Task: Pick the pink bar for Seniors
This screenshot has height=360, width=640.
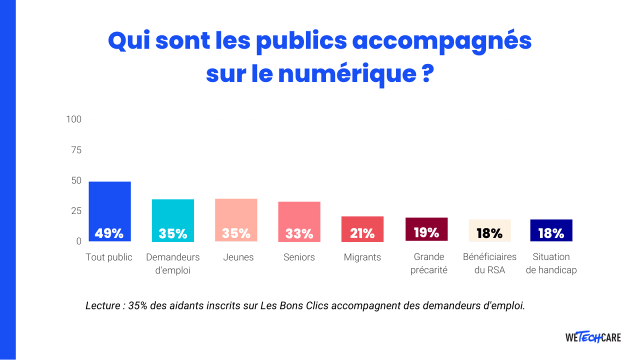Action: pyautogui.click(x=299, y=215)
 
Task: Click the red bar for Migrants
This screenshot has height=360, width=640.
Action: pyautogui.click(x=362, y=222)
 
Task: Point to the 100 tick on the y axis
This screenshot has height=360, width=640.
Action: pyautogui.click(x=73, y=119)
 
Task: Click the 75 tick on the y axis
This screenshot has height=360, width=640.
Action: pyautogui.click(x=75, y=150)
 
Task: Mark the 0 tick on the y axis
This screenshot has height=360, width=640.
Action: pyautogui.click(x=78, y=241)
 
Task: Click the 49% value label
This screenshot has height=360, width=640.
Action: pyautogui.click(x=109, y=233)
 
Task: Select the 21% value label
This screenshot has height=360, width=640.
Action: pyautogui.click(x=362, y=233)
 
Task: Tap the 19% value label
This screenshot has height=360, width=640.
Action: pyautogui.click(x=426, y=233)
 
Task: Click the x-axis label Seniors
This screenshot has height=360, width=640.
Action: pyautogui.click(x=299, y=257)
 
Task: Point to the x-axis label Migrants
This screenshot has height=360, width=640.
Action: pyautogui.click(x=362, y=257)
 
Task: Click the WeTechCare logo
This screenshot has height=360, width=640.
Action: pyautogui.click(x=593, y=337)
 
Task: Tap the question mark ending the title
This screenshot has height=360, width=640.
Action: pyautogui.click(x=424, y=73)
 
